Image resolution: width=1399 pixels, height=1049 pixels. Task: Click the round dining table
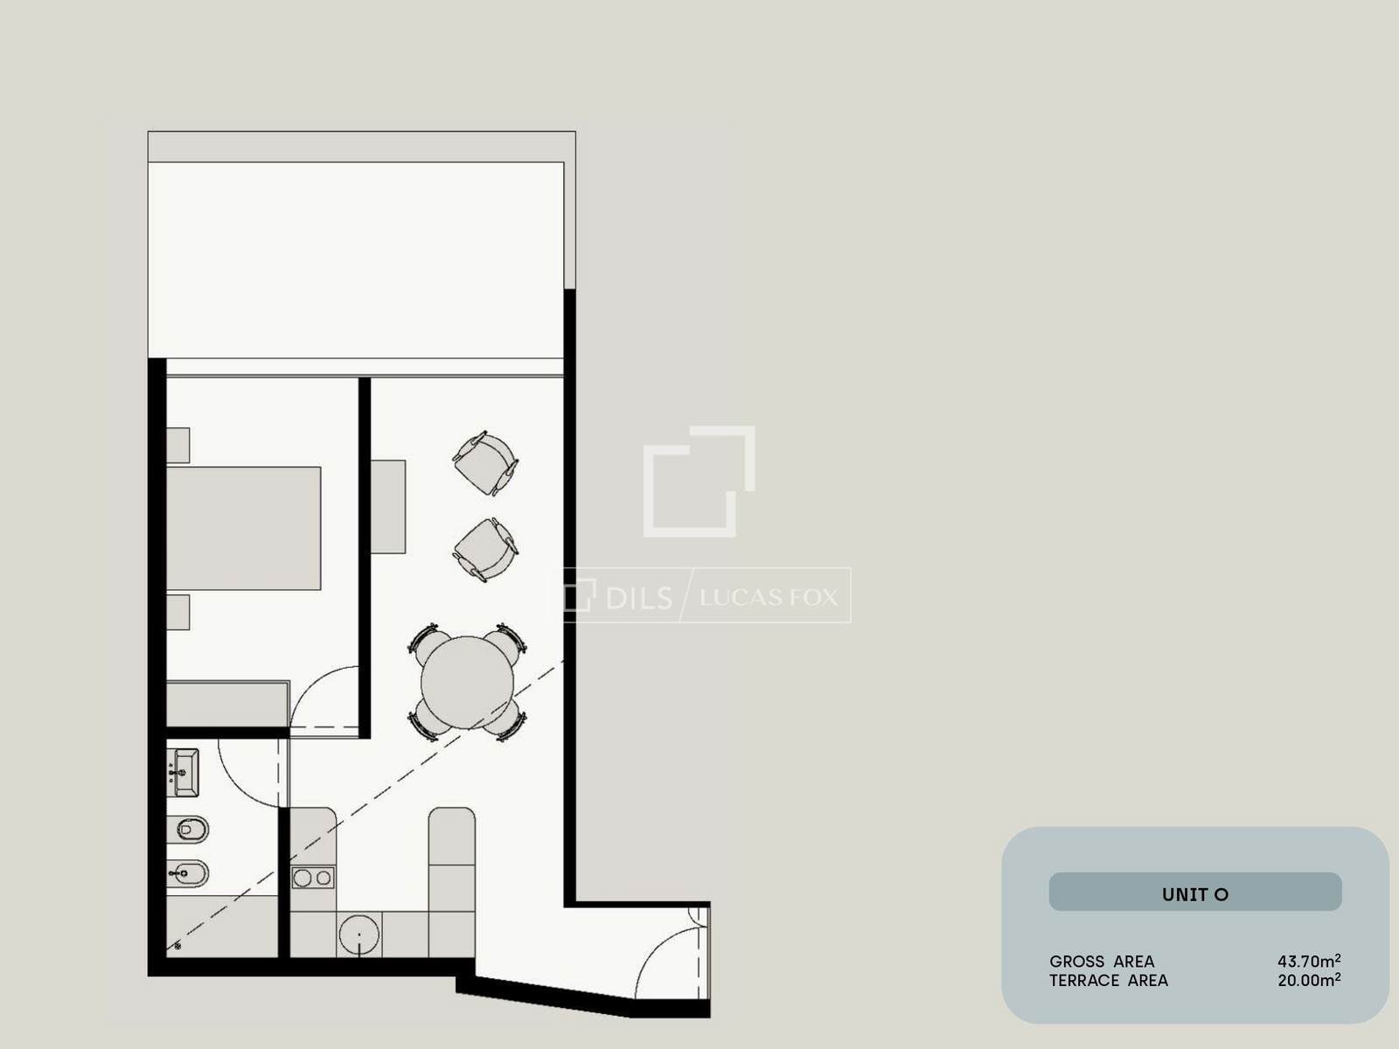click(x=467, y=682)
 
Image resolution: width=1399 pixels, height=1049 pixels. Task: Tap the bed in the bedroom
click(x=243, y=528)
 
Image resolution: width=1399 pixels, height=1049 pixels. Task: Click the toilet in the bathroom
click(x=188, y=830)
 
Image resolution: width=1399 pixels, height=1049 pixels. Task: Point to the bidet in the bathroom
click(x=188, y=873)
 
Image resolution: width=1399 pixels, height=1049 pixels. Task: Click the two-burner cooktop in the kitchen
click(x=313, y=878)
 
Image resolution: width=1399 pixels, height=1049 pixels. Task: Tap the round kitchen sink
click(x=359, y=934)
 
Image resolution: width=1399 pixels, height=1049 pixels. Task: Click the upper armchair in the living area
click(x=485, y=463)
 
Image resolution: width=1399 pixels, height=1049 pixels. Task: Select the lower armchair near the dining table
click(x=485, y=550)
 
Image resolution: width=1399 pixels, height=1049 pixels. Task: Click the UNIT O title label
click(x=1195, y=894)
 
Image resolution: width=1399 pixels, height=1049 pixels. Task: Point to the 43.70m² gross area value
click(x=1309, y=961)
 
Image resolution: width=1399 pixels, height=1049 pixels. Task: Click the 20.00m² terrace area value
click(x=1309, y=980)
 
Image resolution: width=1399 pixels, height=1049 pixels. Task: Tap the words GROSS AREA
click(x=1102, y=961)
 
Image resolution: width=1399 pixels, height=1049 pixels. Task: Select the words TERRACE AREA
click(x=1109, y=980)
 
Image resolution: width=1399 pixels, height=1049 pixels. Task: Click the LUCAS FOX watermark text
click(x=769, y=597)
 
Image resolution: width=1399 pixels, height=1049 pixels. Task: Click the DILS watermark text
click(x=639, y=598)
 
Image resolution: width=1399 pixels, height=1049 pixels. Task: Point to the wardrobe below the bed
click(x=227, y=704)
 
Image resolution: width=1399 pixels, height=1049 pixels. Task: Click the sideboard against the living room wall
click(x=388, y=507)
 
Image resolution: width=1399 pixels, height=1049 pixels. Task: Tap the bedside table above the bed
click(x=177, y=445)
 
